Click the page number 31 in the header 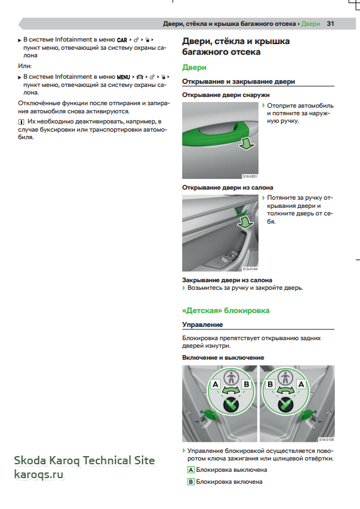point(330,24)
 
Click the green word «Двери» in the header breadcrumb point(311,24)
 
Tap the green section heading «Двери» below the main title point(194,67)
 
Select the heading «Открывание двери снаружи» point(226,95)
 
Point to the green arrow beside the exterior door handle point(247,143)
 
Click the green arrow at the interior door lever point(246,222)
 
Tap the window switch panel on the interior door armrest point(225,260)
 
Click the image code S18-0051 point(250,176)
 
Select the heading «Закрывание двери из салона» point(227,280)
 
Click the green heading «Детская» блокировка point(226,311)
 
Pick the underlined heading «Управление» point(202,324)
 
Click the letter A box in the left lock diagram point(216,384)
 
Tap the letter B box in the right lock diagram point(270,384)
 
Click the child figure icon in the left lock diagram point(231,377)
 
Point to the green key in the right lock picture point(306,415)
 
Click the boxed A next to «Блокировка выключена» point(191,470)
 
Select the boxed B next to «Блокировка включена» point(191,482)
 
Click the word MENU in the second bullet point(124,77)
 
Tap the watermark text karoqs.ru point(38,474)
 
